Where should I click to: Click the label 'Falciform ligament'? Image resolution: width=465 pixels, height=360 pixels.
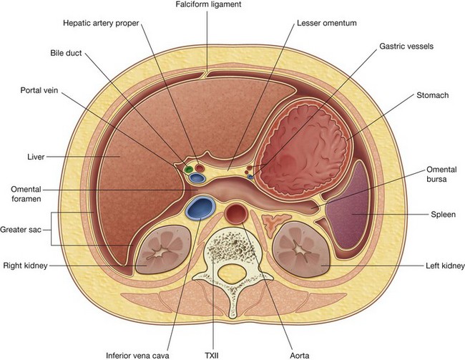pos(207,6)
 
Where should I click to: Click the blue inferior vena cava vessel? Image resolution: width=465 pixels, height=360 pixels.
pos(199,208)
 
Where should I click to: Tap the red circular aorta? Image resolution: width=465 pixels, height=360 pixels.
pos(235,213)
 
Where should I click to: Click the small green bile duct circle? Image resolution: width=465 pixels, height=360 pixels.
pos(188,170)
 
